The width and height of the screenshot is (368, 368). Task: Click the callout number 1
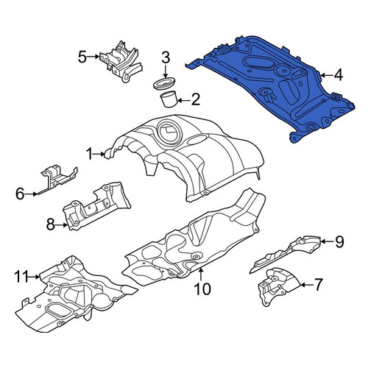click(90, 155)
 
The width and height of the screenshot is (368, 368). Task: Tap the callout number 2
click(195, 100)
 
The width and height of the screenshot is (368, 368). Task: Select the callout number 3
click(166, 58)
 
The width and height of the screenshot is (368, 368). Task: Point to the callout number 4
click(339, 75)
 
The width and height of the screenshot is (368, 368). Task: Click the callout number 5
click(82, 57)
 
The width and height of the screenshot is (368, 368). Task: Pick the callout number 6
click(20, 194)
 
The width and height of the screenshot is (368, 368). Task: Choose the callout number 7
click(318, 285)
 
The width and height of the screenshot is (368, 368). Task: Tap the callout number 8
click(51, 224)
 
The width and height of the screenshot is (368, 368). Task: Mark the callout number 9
click(339, 241)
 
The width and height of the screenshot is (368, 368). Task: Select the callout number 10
click(202, 289)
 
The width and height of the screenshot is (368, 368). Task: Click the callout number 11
click(21, 277)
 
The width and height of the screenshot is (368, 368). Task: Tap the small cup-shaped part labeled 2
click(169, 99)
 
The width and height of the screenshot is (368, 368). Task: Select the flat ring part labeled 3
click(165, 84)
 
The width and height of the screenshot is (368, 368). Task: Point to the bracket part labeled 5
click(121, 61)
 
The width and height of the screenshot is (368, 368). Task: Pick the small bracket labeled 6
click(57, 179)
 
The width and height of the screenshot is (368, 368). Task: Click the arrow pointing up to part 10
click(201, 275)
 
